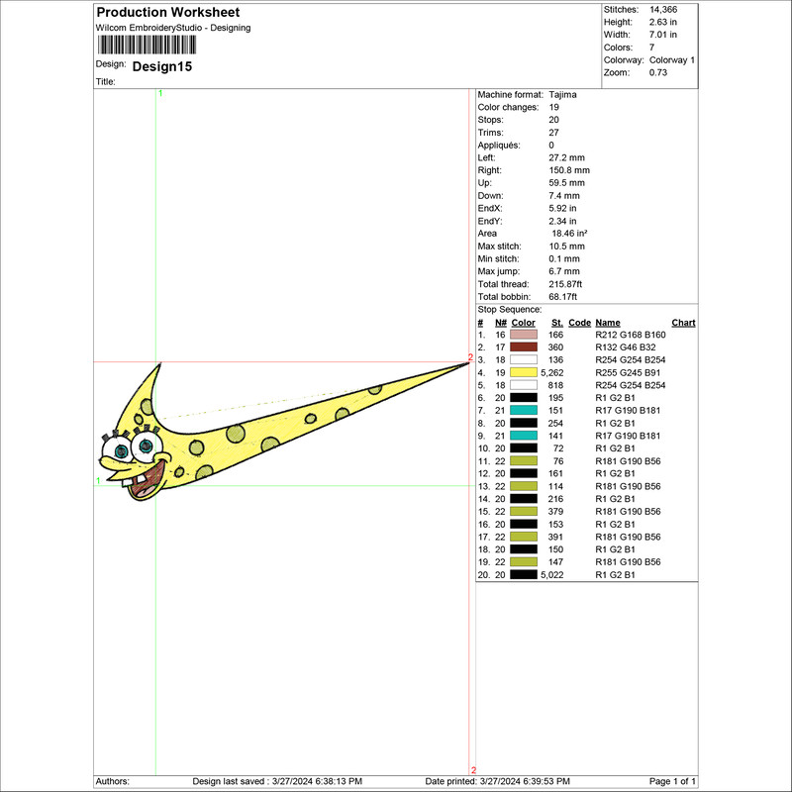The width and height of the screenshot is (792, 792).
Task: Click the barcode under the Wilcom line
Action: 147,45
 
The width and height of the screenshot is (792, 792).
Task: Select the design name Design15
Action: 162,66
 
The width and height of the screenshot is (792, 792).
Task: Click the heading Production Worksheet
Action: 168,12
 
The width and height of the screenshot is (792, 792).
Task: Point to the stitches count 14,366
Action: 663,10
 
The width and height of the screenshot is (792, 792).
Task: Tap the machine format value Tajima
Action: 562,94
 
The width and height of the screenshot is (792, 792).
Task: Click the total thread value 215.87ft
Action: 565,284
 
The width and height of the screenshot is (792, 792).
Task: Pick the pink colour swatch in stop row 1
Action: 524,335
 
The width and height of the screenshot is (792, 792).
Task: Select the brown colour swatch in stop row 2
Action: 524,347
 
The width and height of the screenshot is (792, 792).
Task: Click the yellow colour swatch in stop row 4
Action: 524,372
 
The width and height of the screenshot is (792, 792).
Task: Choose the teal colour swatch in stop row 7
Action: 524,410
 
